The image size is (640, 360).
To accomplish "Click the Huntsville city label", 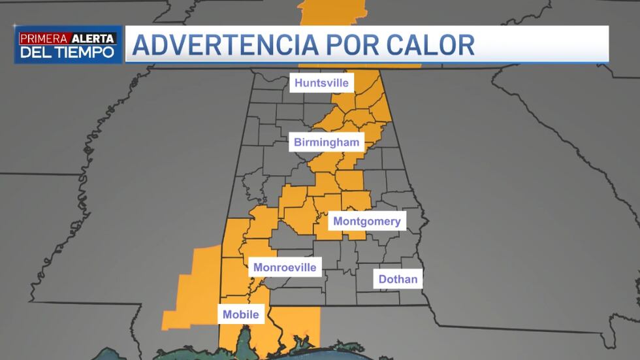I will (322, 83).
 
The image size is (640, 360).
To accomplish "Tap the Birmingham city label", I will (327, 142).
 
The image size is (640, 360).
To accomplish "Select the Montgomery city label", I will (366, 221).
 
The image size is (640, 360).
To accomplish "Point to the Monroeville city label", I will (284, 267).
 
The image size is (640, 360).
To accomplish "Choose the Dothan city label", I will (398, 280).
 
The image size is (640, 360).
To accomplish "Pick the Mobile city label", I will (240, 314).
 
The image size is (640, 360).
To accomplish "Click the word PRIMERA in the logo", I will (40, 39).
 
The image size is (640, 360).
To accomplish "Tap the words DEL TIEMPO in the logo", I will (67, 52).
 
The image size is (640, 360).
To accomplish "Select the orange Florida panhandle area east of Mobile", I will (300, 323).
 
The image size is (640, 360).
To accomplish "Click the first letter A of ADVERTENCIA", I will (142, 44).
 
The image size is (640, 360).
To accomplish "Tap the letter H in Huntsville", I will (298, 83).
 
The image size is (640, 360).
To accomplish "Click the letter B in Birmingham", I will (298, 142).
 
